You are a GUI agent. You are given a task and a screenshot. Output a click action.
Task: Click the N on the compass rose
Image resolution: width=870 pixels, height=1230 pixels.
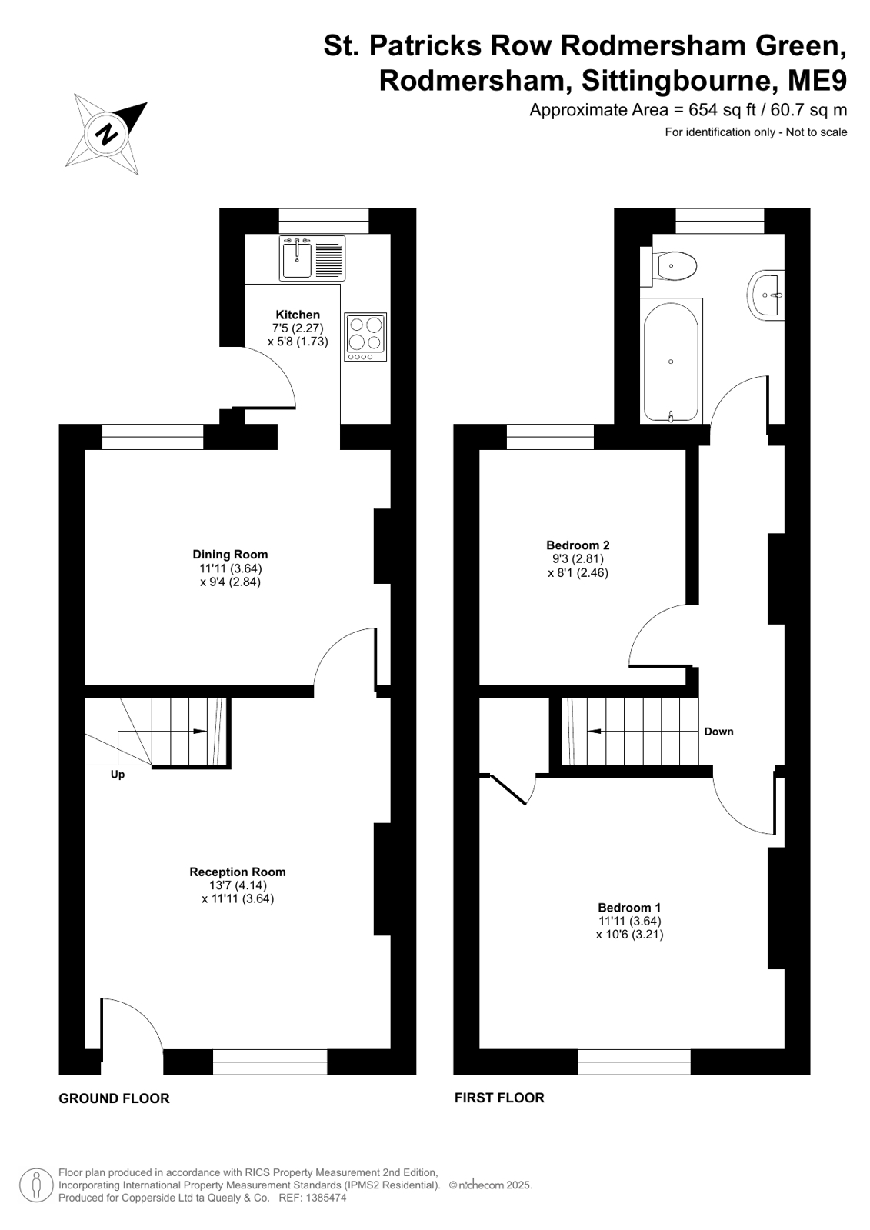tap(107, 133)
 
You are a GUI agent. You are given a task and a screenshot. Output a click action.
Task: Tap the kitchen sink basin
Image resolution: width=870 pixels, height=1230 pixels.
tap(297, 258)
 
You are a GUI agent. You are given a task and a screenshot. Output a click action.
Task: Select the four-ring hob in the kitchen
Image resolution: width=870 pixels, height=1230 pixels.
tap(366, 337)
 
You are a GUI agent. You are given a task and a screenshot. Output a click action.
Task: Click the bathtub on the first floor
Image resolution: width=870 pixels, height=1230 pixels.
tap(672, 361)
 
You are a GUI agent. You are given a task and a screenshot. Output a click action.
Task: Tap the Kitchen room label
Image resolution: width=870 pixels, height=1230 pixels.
tap(298, 315)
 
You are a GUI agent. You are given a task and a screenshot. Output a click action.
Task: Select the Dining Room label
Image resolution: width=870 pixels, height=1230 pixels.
tap(230, 554)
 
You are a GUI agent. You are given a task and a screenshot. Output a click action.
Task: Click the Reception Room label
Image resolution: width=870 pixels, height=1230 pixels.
tap(238, 872)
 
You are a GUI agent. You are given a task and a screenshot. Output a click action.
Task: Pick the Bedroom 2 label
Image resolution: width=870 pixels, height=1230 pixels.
tap(578, 545)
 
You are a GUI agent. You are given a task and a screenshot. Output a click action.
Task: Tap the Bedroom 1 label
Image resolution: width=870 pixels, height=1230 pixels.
tap(629, 908)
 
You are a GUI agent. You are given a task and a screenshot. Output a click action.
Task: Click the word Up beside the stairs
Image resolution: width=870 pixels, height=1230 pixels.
tap(118, 775)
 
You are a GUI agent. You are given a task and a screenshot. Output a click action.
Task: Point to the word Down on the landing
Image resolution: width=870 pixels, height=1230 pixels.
tap(719, 732)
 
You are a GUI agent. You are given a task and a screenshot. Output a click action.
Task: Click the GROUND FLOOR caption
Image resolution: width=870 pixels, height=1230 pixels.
tap(115, 1098)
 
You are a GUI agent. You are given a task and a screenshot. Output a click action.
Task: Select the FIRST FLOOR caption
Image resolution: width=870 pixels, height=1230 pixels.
tap(499, 1098)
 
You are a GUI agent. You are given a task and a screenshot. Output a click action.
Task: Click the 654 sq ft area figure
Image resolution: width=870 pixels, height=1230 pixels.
tap(719, 110)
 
